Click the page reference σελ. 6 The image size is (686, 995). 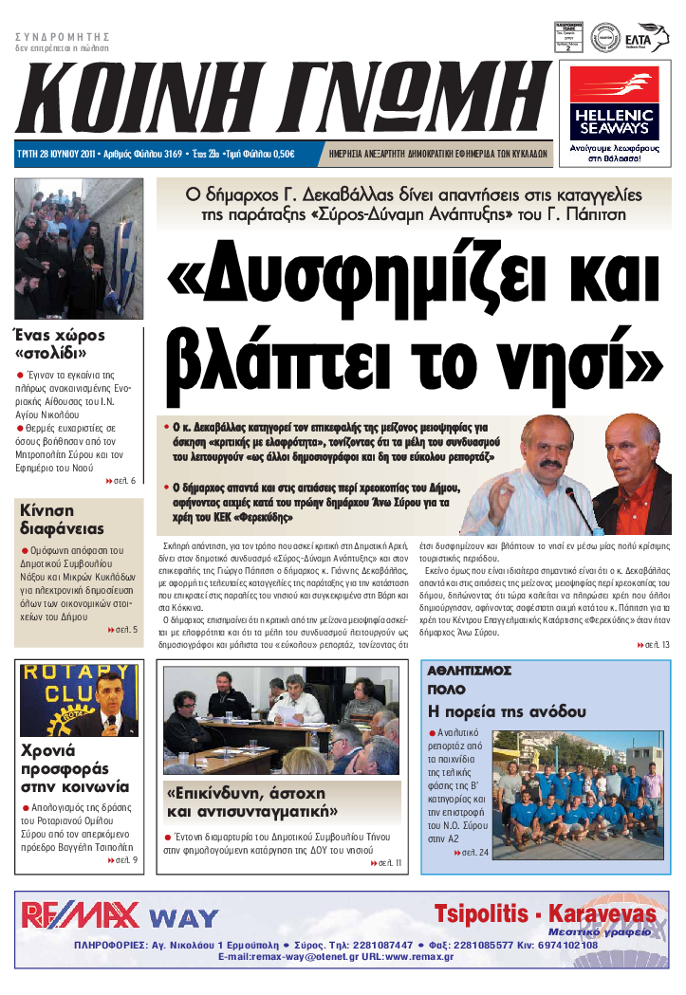pyautogui.click(x=121, y=480)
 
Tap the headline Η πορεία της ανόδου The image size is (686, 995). pyautogui.click(x=507, y=711)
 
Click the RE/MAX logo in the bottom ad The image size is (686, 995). pyautogui.click(x=80, y=914)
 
